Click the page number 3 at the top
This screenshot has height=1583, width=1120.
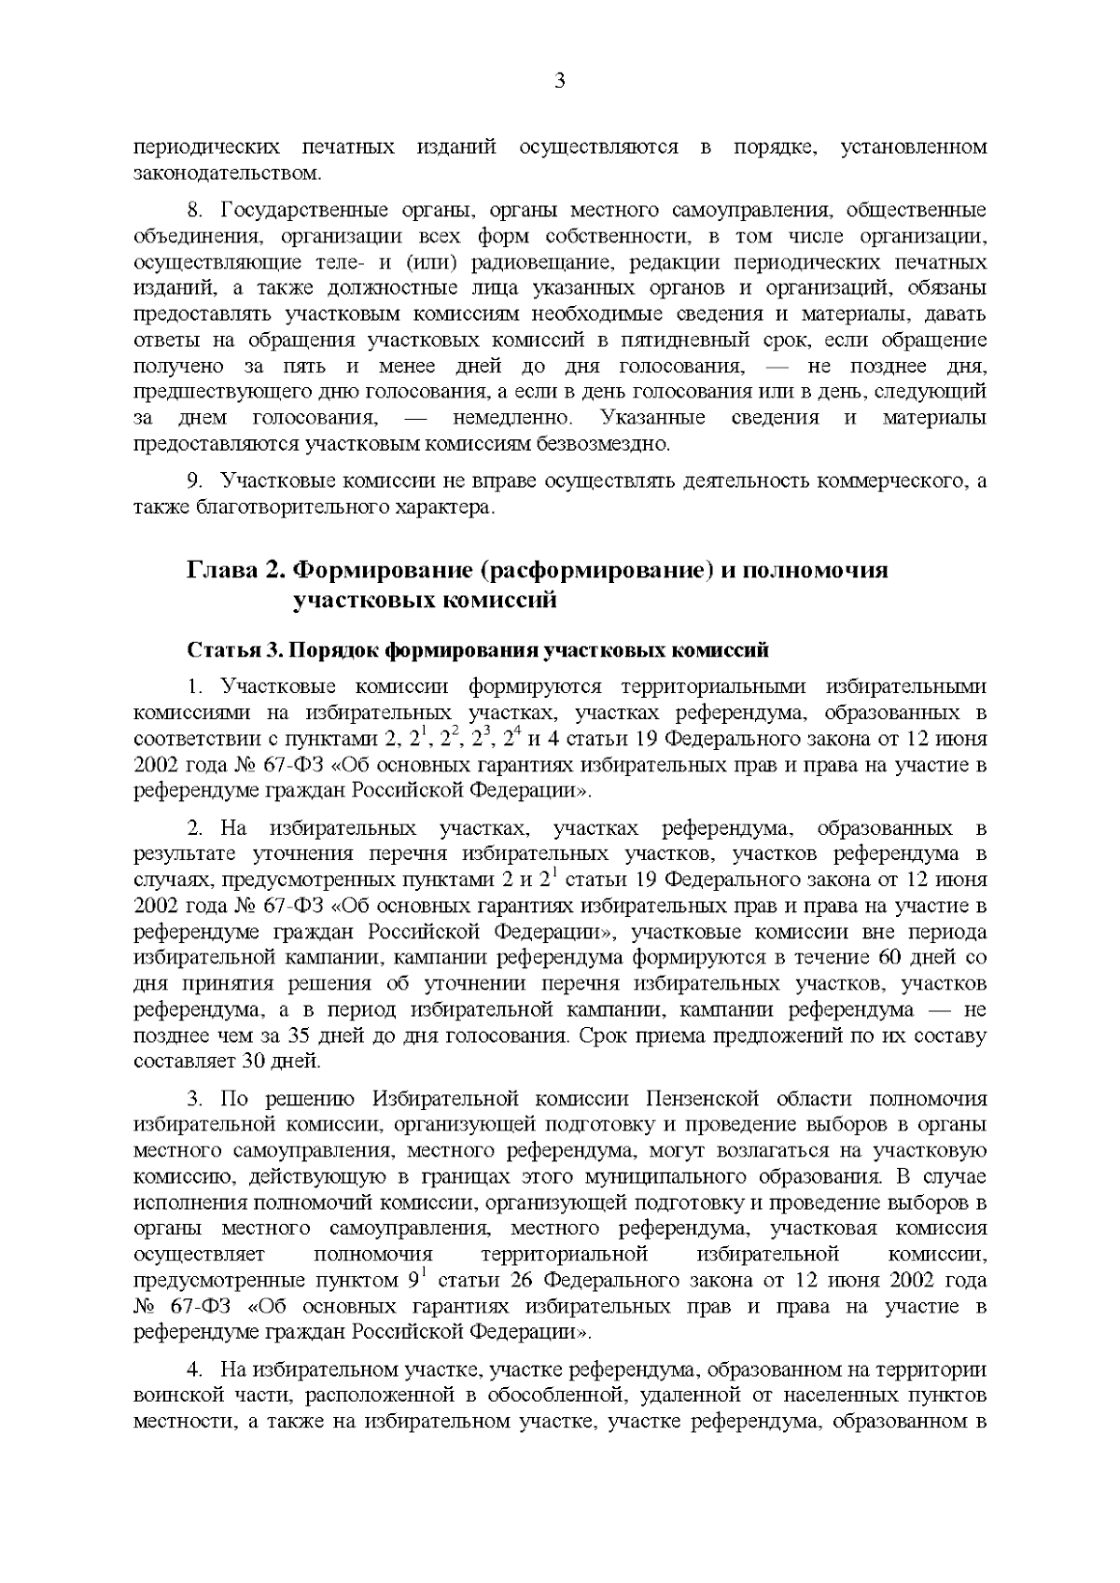[x=560, y=81]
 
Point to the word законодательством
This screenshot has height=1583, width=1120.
[x=227, y=173]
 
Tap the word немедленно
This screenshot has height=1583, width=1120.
[x=504, y=417]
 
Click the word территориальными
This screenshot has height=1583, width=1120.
[x=717, y=687]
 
